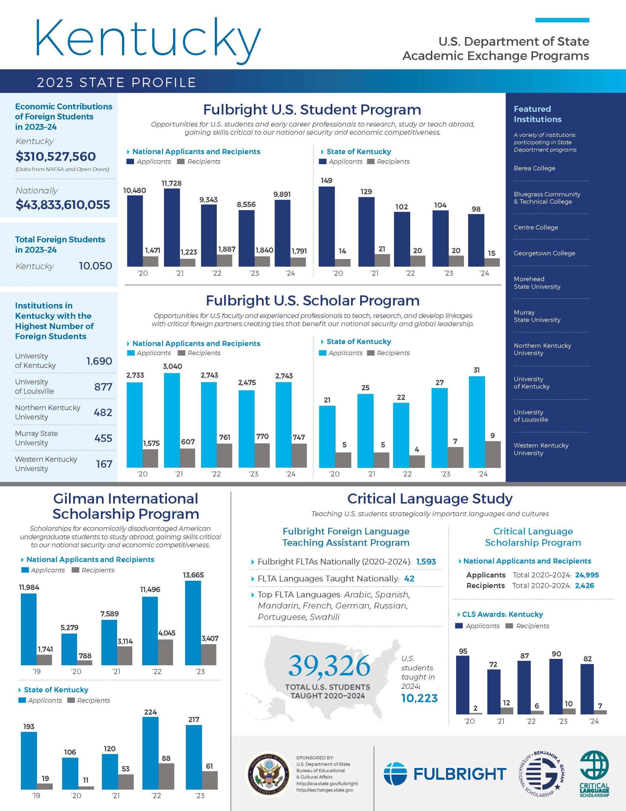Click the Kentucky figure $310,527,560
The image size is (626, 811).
click(x=56, y=156)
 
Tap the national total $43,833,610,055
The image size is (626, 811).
click(x=63, y=205)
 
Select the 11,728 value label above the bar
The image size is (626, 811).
click(x=172, y=183)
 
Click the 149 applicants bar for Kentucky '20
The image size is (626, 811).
click(x=327, y=227)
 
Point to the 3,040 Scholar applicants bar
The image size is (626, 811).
click(x=172, y=420)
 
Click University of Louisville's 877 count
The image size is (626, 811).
click(x=103, y=387)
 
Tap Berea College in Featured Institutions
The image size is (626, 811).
click(x=534, y=168)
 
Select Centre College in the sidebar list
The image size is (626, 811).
click(x=535, y=227)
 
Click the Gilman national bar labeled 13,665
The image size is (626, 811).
click(x=193, y=623)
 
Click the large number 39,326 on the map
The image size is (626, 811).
click(x=329, y=666)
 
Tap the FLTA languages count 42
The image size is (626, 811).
click(x=409, y=578)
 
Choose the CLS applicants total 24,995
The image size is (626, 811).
click(x=587, y=575)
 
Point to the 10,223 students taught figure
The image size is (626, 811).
click(x=419, y=698)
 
